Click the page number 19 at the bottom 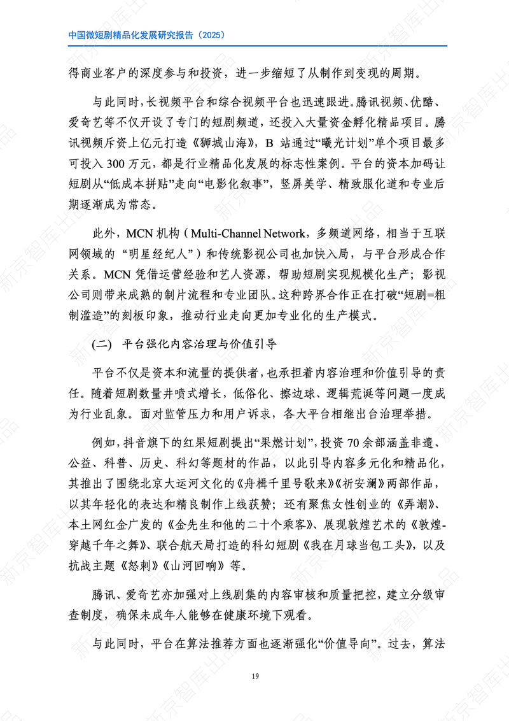click(254, 676)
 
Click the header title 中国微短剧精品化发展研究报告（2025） click(146, 35)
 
